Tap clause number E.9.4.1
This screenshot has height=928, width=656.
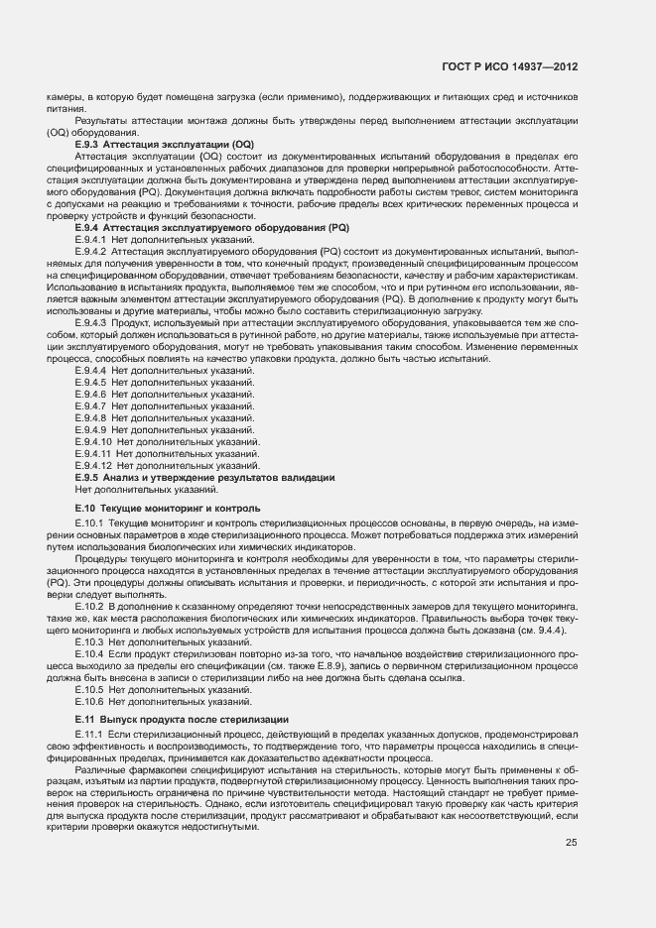pos(90,240)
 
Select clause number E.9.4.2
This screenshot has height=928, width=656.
pos(90,252)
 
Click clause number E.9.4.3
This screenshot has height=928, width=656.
pos(90,323)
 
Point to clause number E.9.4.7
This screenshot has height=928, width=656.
pos(90,406)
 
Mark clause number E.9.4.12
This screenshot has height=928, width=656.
pos(93,466)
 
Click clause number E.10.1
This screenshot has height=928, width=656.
pos(89,522)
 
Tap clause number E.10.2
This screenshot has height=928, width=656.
pos(89,605)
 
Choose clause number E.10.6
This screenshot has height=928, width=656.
pos(89,700)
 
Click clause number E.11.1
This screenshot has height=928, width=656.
pos(88,732)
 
